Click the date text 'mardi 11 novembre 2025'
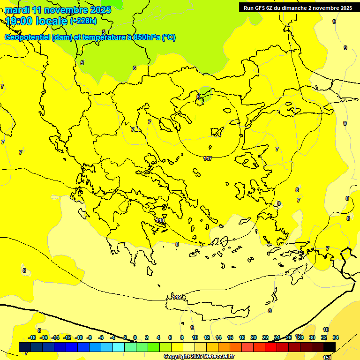(58, 10)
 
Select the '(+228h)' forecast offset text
(83, 21)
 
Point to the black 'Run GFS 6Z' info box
(296, 7)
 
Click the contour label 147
(208, 158)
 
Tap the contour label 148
(160, 220)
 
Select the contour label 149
(177, 297)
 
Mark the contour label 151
(327, 357)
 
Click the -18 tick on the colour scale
(32, 337)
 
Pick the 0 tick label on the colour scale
(135, 337)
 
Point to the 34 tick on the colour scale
(336, 337)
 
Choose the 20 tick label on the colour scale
(254, 337)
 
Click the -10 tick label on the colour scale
(79, 337)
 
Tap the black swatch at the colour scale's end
(330, 347)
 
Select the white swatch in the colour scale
(189, 347)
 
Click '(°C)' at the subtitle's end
(169, 37)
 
